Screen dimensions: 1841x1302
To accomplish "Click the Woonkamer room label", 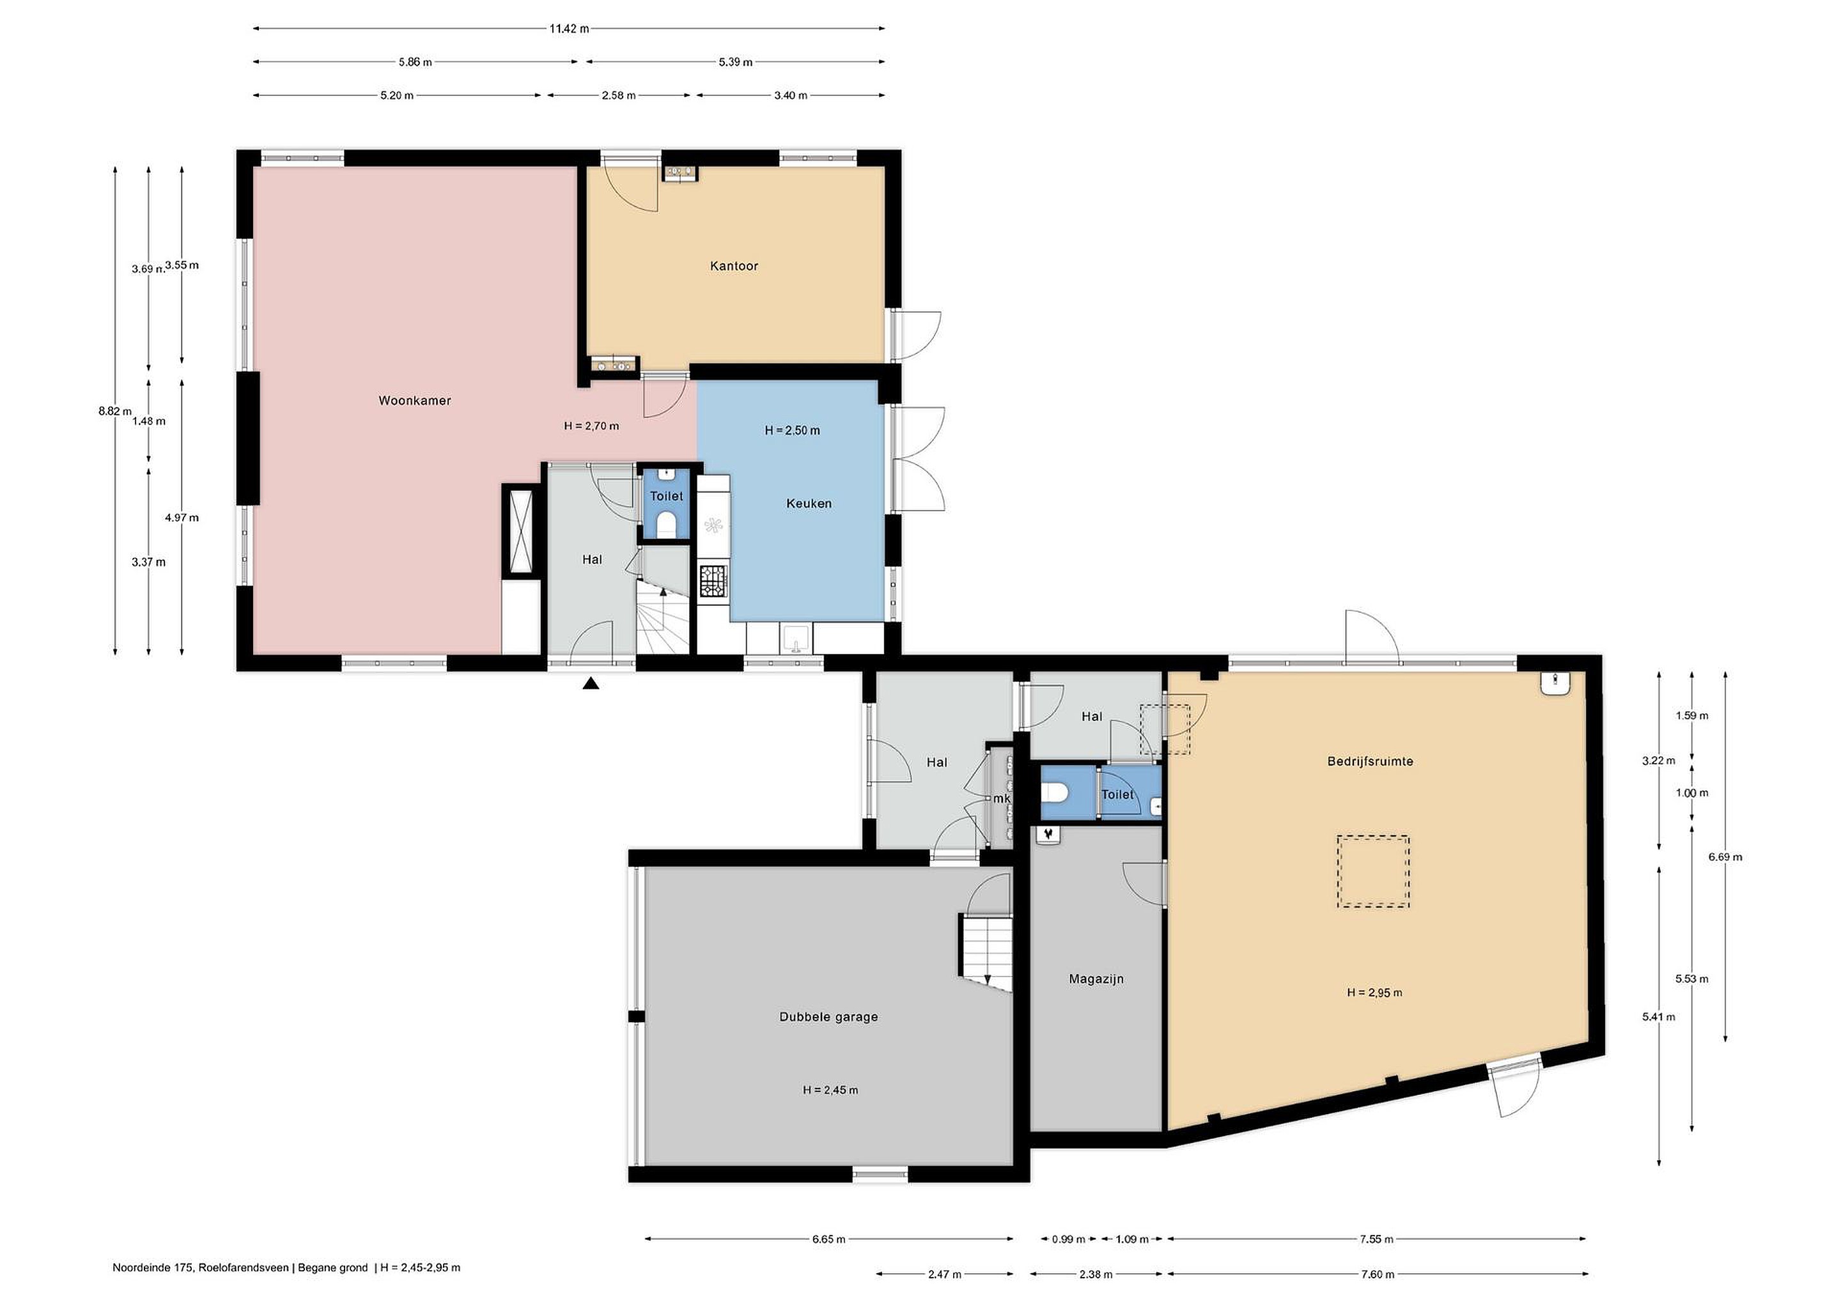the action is (x=415, y=401).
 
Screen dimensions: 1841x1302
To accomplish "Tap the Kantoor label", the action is (x=734, y=266).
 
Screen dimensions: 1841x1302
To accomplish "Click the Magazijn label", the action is (x=1096, y=979).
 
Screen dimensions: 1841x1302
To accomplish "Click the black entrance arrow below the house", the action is (x=591, y=683).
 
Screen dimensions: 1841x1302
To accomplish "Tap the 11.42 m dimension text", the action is (x=568, y=29).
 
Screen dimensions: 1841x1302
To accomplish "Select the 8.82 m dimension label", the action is (x=114, y=411).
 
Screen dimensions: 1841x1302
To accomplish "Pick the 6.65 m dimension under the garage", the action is (x=828, y=1239).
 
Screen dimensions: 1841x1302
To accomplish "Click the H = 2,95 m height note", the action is (x=1374, y=993).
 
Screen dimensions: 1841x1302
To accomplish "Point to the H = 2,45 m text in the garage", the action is (x=830, y=1090).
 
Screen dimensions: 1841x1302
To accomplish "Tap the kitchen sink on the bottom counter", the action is (x=795, y=639).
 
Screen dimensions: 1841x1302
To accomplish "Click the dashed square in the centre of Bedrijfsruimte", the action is (x=1372, y=871).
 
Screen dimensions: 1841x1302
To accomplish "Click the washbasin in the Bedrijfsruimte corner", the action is (x=1555, y=683).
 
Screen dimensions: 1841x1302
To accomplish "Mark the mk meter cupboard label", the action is (x=1002, y=800).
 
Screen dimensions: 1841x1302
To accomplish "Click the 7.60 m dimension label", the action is (x=1378, y=1274).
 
